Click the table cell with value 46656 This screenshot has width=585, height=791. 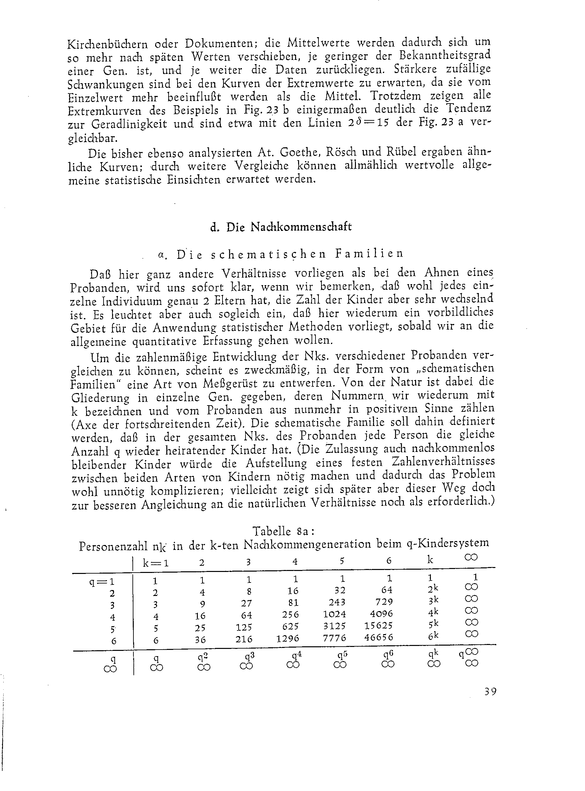(379, 637)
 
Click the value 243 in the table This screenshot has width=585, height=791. (337, 602)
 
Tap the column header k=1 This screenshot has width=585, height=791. (155, 563)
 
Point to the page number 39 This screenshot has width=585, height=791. (490, 691)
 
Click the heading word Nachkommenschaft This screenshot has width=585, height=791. (301, 227)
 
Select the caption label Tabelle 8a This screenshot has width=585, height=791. (283, 531)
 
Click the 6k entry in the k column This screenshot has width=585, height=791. (433, 636)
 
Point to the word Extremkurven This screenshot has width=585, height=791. (105, 111)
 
